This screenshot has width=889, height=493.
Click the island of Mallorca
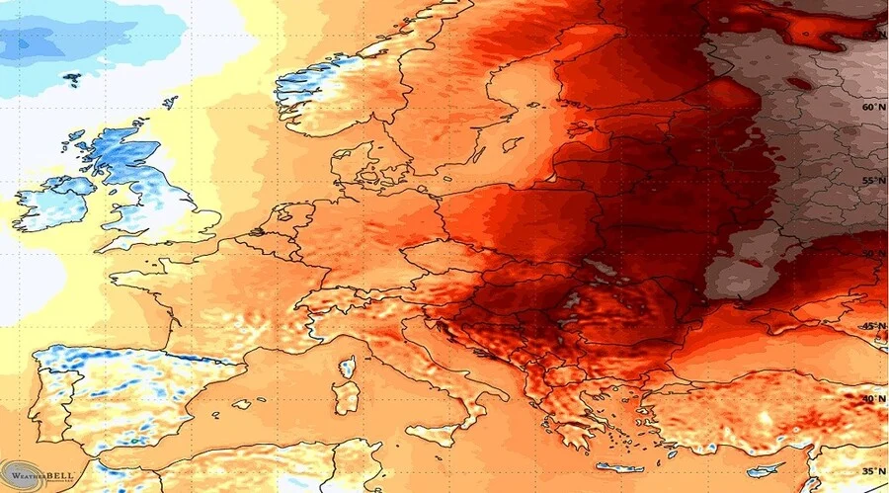pos(241,404)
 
